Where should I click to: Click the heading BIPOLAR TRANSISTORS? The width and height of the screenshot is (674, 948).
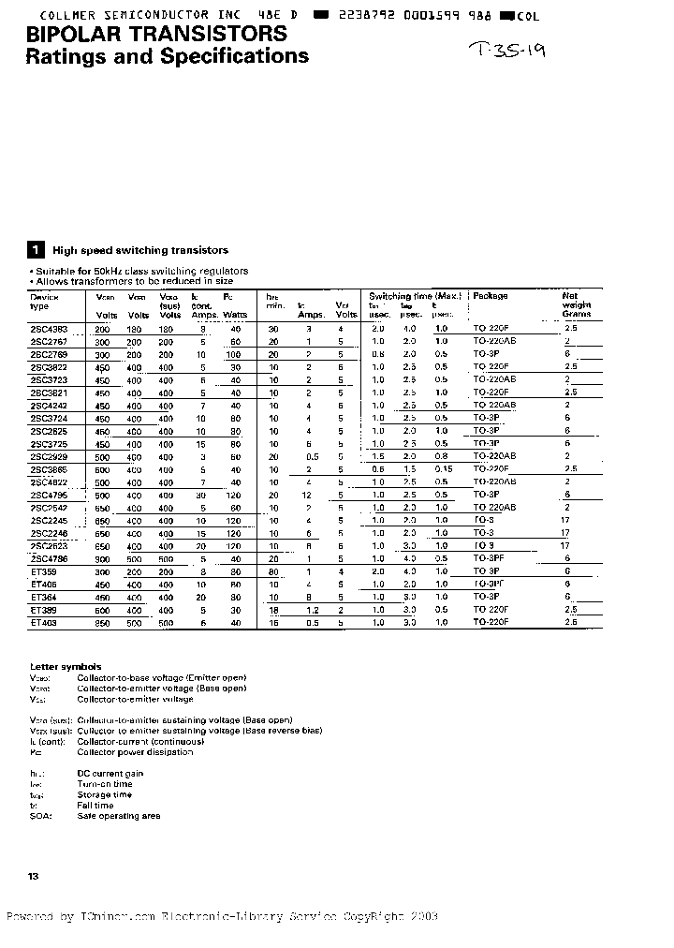click(x=156, y=35)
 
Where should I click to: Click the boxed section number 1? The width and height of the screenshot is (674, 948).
click(x=36, y=250)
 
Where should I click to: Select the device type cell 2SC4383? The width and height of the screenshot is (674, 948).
click(x=49, y=329)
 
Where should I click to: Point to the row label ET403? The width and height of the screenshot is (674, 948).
click(x=44, y=622)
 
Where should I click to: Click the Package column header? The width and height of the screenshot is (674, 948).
click(x=491, y=296)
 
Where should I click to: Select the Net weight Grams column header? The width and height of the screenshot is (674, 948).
click(x=577, y=304)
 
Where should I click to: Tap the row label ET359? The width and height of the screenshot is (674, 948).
click(x=44, y=570)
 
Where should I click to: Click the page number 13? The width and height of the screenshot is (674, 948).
click(x=34, y=875)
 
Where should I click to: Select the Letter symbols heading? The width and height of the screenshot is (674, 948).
click(x=66, y=666)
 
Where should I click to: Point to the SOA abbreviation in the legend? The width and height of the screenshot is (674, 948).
click(x=40, y=816)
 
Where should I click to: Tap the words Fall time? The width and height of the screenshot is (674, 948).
click(x=95, y=806)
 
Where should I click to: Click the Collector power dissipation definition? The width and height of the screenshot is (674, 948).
click(x=135, y=751)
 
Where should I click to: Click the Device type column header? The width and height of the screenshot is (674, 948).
click(x=44, y=301)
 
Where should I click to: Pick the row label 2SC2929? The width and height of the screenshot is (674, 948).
click(x=49, y=456)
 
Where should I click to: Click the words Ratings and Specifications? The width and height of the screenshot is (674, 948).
click(x=167, y=57)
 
